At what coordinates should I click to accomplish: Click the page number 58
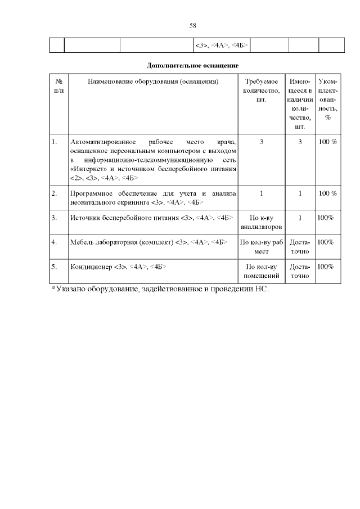coord(192,25)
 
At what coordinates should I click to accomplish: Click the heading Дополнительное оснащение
coord(188,65)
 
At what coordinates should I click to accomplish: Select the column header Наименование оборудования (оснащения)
coord(152,82)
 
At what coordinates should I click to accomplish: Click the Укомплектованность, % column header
coord(327,100)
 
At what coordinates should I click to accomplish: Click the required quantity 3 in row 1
coord(262,142)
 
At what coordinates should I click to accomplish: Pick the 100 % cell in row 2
coord(327,193)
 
